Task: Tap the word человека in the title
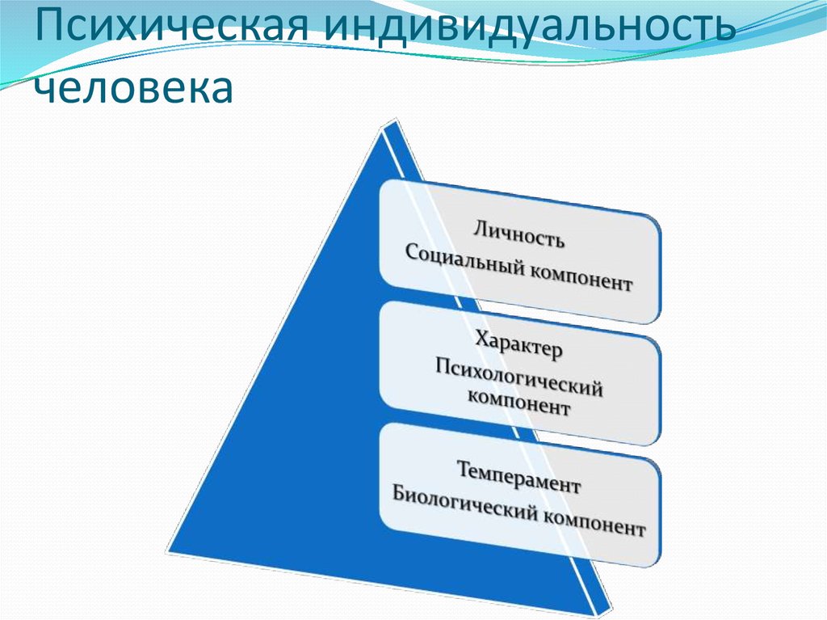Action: [x=133, y=86]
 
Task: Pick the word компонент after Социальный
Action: [x=581, y=277]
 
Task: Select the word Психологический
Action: [x=519, y=377]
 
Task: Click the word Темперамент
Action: [x=518, y=477]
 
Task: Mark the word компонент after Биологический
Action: [x=594, y=522]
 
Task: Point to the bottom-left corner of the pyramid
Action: [x=168, y=555]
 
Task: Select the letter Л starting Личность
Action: [x=478, y=229]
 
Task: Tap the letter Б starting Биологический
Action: [x=399, y=494]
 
